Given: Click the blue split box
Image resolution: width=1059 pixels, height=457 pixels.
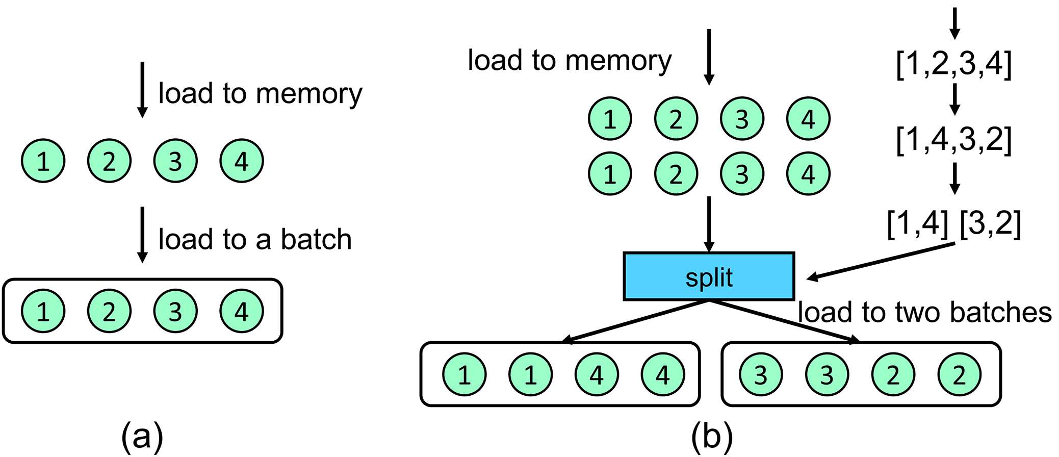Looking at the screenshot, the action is [x=709, y=276].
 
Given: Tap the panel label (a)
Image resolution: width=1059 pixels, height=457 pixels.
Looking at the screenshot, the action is [x=142, y=437].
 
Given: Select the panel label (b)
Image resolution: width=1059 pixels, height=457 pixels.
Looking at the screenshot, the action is [x=712, y=437].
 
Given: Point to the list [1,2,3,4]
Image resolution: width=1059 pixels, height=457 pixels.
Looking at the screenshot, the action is [x=953, y=64].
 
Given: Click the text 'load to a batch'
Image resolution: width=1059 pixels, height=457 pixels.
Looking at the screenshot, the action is [x=255, y=239].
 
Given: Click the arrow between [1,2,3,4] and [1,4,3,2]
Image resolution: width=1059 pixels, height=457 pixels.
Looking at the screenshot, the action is [x=955, y=99].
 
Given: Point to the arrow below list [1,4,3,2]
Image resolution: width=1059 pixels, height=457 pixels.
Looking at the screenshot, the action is [x=955, y=178].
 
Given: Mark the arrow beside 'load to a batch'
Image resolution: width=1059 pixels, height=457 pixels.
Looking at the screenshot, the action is [x=143, y=235].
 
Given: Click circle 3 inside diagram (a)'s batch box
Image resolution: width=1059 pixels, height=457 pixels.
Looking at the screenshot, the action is [x=175, y=311].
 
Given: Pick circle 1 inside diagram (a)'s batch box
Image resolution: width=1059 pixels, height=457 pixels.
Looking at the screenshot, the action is [x=43, y=311].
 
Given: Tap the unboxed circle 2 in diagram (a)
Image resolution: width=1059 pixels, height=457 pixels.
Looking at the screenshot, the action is [x=109, y=161].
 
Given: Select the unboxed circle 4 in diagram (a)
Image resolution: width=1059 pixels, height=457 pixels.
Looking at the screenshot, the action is [x=242, y=161].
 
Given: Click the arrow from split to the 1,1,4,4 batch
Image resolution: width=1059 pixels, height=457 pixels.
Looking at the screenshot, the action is [x=635, y=321].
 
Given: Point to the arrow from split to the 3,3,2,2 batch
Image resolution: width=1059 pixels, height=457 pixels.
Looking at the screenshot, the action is [x=785, y=321].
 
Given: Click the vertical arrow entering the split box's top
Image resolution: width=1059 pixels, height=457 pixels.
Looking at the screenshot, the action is [x=709, y=224].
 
